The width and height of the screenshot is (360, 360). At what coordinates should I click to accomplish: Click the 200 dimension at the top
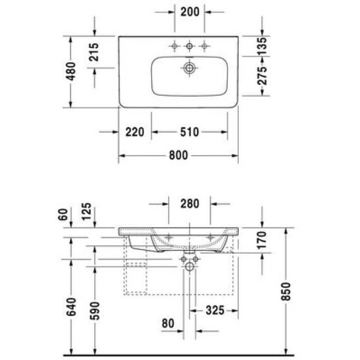click(x=189, y=11)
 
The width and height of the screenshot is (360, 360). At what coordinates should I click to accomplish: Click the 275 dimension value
click(x=262, y=76)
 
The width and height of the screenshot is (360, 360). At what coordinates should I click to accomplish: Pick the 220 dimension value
click(x=135, y=132)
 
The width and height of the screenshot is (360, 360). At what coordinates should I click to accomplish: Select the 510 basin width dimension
click(x=189, y=132)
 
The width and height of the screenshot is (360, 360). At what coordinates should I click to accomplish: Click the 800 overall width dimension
click(x=178, y=155)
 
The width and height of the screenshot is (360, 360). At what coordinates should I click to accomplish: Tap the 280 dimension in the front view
click(x=189, y=203)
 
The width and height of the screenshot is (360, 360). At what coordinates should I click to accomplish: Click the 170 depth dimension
click(x=262, y=241)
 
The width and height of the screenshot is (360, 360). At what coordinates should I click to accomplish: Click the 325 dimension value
click(x=214, y=310)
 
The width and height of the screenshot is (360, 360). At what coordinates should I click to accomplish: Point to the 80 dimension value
click(x=167, y=323)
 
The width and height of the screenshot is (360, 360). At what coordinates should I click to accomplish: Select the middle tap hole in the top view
click(x=189, y=47)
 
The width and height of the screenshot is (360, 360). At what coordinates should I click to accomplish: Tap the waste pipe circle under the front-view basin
click(x=189, y=266)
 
